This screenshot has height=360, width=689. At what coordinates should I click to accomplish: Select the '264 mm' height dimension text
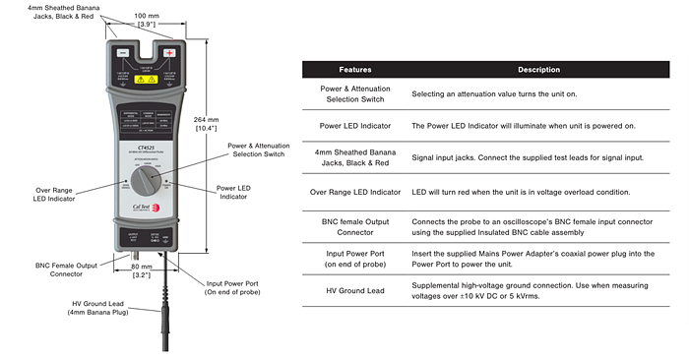232,121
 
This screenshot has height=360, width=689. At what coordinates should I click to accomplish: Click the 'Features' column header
355,70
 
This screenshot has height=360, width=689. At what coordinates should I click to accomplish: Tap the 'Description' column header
538,70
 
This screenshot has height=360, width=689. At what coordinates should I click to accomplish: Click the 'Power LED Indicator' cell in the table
355,126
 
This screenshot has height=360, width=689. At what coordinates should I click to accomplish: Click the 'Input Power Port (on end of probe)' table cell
355,259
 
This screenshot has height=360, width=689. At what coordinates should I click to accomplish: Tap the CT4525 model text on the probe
147,149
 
